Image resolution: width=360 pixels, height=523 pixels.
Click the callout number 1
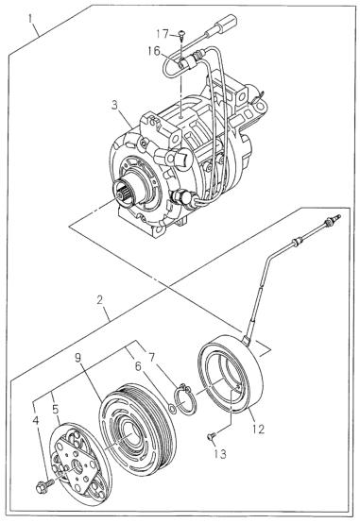click(x=30, y=19)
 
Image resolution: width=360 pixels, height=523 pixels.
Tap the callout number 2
click(x=99, y=300)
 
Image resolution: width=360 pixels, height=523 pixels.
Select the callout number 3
click(x=114, y=106)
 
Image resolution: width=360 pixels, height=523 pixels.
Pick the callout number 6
click(x=138, y=367)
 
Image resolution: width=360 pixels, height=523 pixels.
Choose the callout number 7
click(x=151, y=358)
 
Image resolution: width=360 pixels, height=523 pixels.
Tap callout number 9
click(x=77, y=358)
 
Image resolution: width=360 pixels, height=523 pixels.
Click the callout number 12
click(x=258, y=429)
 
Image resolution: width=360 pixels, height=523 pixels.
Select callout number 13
click(x=221, y=454)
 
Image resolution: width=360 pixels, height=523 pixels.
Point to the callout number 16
click(x=155, y=51)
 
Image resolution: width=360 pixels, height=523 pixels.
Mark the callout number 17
click(x=163, y=34)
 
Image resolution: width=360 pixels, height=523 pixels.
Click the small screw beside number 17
click(x=181, y=34)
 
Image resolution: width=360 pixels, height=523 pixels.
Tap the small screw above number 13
click(x=211, y=436)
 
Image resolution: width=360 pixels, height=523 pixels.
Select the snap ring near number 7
click(x=185, y=399)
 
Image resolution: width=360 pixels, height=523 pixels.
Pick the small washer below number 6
click(x=172, y=409)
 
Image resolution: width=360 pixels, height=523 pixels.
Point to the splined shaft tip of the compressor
click(x=123, y=193)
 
